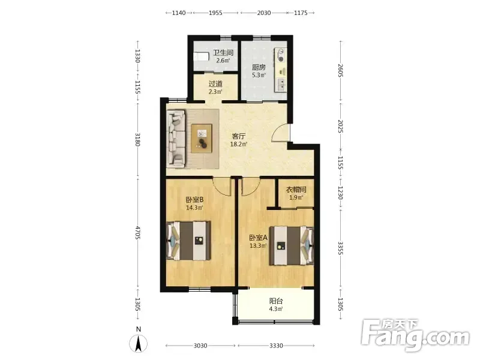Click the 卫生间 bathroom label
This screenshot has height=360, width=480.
pos(223,53)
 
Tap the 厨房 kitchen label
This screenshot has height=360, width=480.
pos(259,67)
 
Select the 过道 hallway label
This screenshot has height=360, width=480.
pos(215,83)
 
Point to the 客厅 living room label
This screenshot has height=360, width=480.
pos(238,136)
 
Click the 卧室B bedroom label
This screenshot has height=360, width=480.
pos(194,200)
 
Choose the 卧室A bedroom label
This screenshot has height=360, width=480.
pos(259,238)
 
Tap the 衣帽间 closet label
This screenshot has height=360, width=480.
pos(296,190)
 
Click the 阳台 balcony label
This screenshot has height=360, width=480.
pos(276,301)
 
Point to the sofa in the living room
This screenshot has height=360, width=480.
pos(176,139)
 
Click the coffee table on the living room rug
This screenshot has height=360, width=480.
pos(202,138)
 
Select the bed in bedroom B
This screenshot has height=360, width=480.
pos(188,241)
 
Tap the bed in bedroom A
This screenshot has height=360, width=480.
pos(292,245)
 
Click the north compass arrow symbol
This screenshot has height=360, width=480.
pos(139,343)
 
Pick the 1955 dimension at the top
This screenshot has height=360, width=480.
pos(215,13)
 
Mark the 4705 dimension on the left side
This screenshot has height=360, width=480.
pos(138,233)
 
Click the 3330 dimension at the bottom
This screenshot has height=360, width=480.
pos(276,346)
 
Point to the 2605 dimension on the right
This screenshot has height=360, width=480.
pos(341,70)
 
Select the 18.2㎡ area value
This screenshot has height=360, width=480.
pos(239,144)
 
